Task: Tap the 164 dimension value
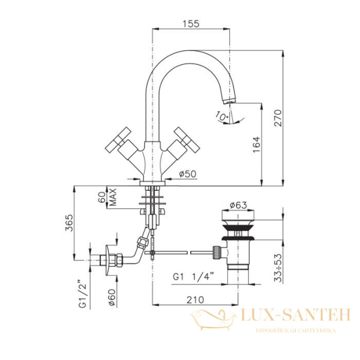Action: pyautogui.click(x=256, y=143)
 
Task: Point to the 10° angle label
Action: pyautogui.click(x=221, y=115)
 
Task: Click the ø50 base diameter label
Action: pyautogui.click(x=188, y=174)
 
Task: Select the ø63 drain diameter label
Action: pyautogui.click(x=238, y=205)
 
